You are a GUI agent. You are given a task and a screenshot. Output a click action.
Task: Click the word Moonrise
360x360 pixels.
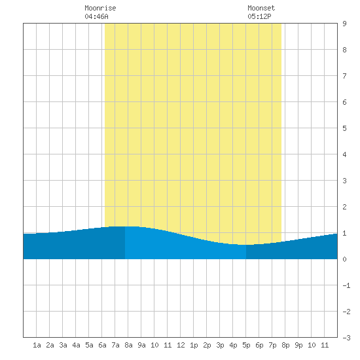pos(100,8)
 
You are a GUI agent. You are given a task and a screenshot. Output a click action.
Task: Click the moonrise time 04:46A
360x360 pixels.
pos(96,16)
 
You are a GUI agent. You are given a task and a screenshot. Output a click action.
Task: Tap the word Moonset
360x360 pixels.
pos(261,8)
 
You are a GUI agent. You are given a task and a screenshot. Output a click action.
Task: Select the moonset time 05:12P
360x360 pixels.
pos(259,16)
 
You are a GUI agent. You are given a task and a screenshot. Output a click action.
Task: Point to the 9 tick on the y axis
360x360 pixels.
pos(344,24)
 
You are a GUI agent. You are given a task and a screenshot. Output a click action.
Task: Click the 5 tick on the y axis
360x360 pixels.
pos(344,128)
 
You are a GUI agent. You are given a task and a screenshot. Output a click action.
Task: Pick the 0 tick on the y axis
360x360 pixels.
pos(344,259)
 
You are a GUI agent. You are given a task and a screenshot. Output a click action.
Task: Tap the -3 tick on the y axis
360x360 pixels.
pos(346,338)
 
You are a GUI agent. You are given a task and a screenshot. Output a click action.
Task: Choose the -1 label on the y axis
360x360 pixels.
pos(346,285)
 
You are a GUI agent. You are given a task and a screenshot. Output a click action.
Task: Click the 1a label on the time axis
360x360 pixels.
pos(37,345)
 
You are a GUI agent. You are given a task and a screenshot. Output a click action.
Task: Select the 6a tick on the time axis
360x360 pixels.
pos(102,345)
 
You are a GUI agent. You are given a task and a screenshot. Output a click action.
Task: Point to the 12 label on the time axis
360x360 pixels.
pos(181,345)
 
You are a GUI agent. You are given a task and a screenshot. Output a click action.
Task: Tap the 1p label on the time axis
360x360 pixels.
pos(194,346)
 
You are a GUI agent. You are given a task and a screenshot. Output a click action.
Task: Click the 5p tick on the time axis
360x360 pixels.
pos(246,346)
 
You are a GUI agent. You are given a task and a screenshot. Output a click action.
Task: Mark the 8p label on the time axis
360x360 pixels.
pos(285,346)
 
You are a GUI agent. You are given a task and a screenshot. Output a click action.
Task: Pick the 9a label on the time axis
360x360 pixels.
pos(141,345)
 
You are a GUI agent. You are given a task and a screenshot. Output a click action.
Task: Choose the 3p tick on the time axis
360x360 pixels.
pos(220,346)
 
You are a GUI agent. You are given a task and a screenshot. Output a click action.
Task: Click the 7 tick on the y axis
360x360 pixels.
pos(344,76)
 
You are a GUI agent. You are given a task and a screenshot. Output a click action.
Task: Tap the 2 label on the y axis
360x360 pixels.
pos(344,207)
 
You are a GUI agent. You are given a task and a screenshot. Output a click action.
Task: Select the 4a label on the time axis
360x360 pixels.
pos(76,345)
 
